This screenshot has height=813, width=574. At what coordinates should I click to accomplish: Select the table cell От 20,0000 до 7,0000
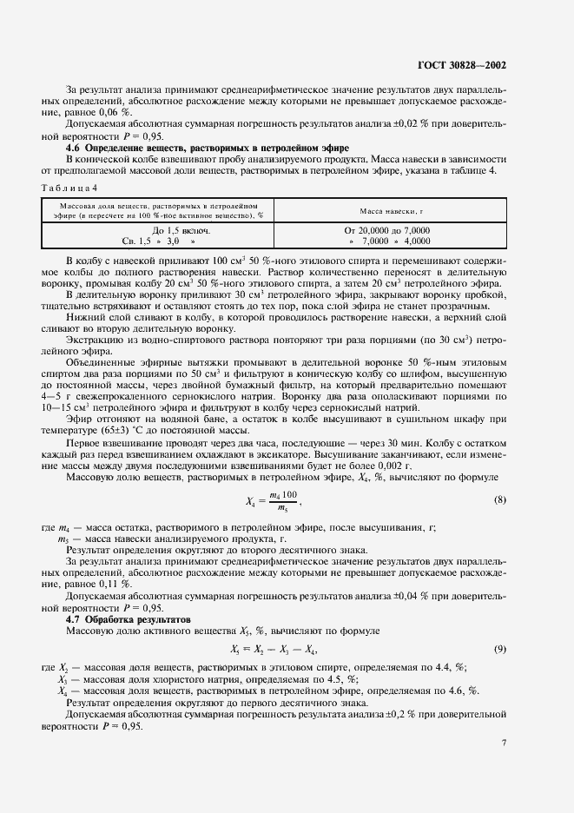(389, 231)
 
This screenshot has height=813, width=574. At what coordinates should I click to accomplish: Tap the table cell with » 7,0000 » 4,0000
(389, 241)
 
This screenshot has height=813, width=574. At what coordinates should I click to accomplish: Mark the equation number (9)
(499, 650)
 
